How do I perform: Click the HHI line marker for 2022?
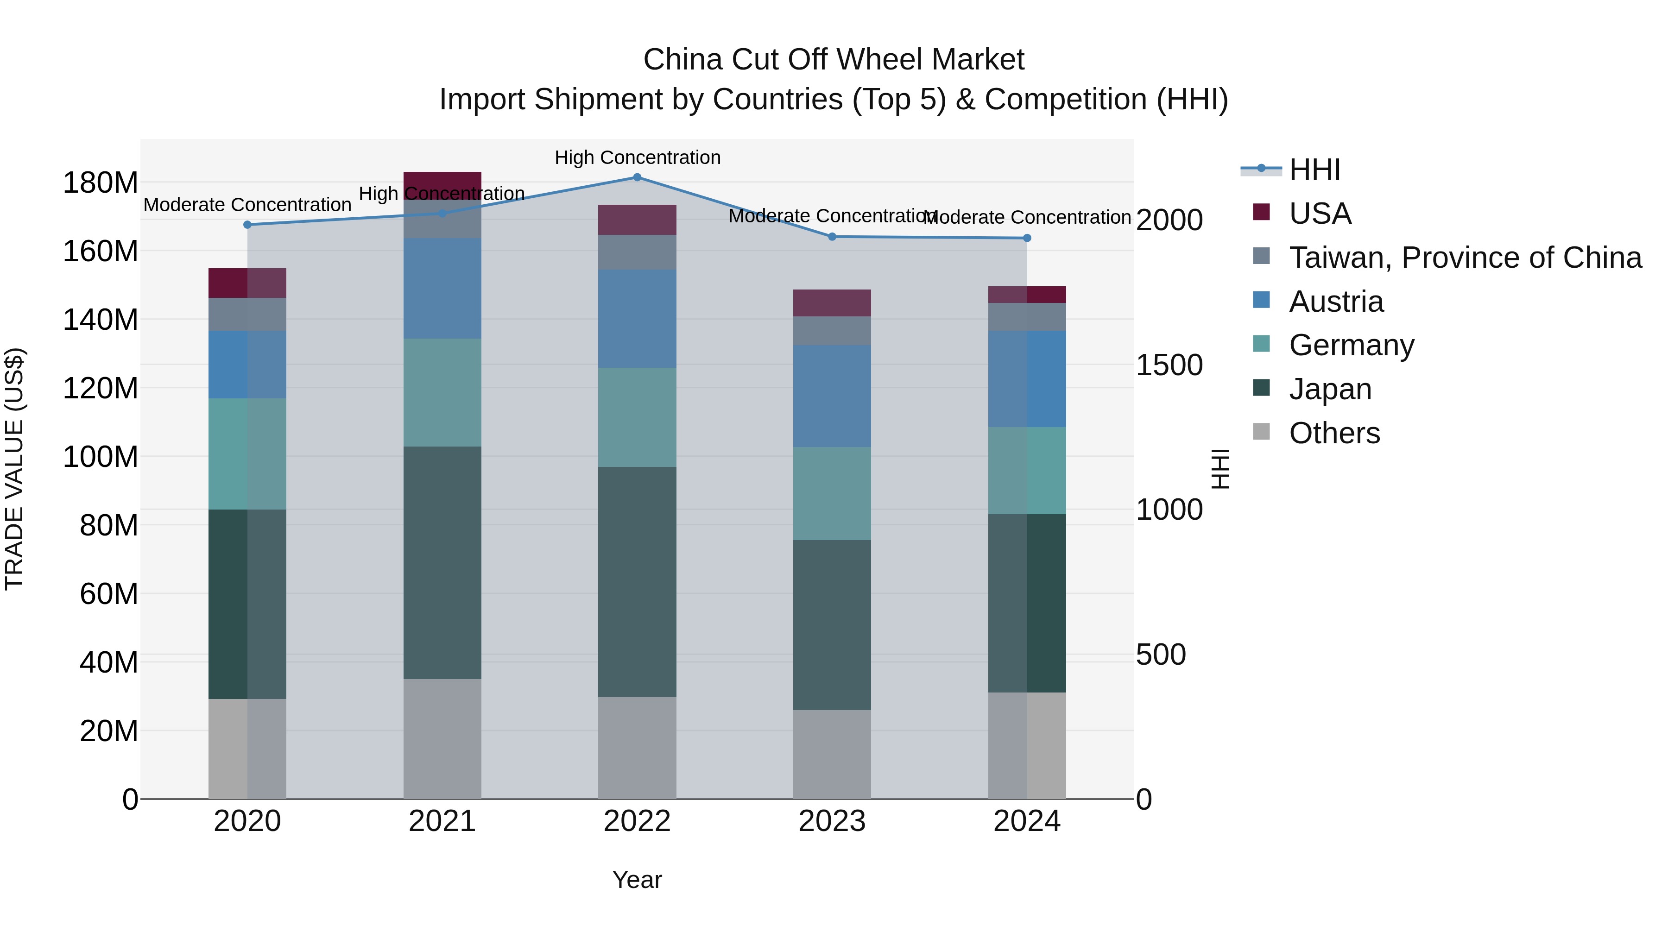point(637,177)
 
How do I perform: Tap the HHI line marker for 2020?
point(247,225)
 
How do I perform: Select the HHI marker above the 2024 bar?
point(1027,238)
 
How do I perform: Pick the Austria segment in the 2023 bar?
point(832,396)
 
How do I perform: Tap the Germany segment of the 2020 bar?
point(247,454)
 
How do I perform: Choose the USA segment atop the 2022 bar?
point(637,220)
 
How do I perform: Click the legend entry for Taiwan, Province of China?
point(1465,257)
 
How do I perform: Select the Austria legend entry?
point(1336,301)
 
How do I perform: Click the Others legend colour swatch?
point(1261,432)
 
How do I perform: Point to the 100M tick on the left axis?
point(101,457)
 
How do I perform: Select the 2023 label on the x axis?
point(832,821)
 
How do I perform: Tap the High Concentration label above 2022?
point(637,157)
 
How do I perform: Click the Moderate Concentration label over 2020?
point(247,205)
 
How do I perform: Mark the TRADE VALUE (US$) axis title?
point(14,469)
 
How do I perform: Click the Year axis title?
point(637,880)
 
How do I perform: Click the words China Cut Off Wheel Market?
point(834,60)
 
